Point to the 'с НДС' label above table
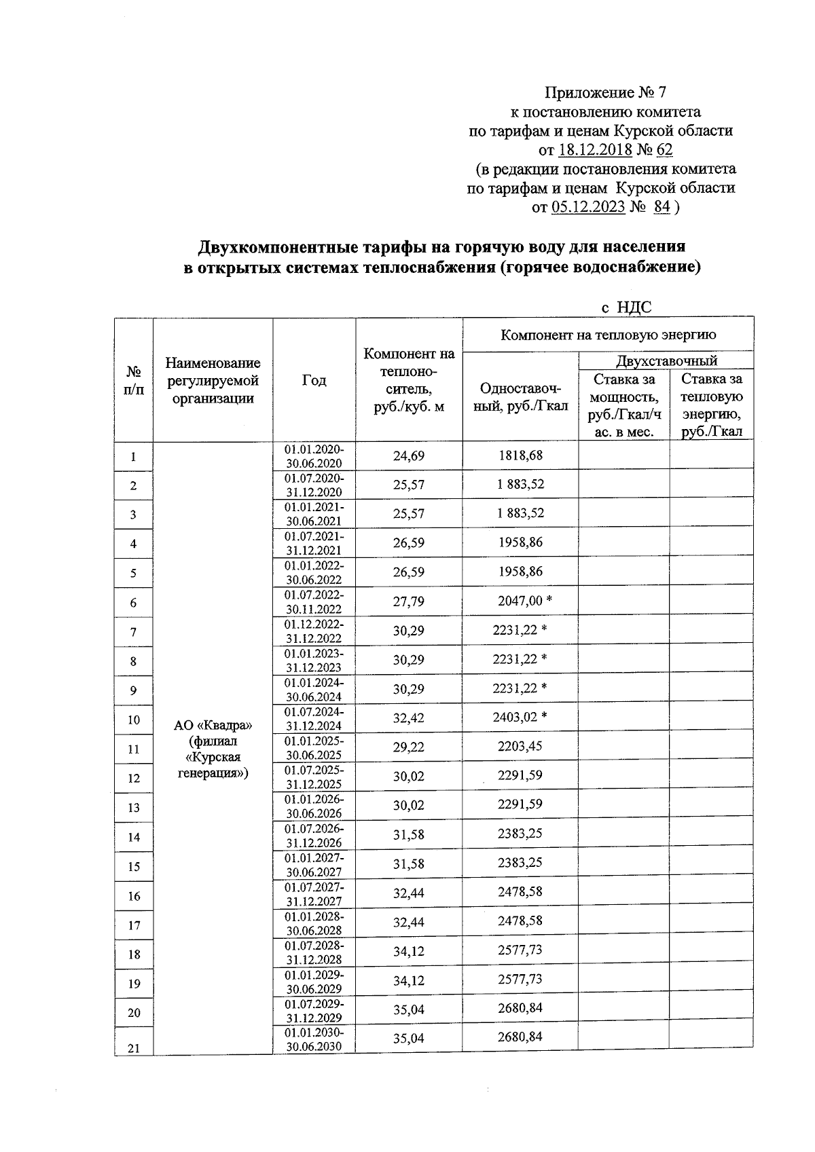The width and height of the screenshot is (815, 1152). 626,308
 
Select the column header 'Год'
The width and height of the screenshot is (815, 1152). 314,381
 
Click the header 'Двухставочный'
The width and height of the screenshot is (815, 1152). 666,360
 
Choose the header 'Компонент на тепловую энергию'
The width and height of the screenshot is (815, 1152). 608,335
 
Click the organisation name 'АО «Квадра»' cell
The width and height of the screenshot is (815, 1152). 213,724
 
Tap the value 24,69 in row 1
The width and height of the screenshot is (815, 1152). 408,456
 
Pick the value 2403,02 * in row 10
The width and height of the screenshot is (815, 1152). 520,718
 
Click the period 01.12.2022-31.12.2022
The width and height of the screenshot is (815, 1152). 314,631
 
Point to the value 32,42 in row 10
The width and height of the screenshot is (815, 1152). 408,718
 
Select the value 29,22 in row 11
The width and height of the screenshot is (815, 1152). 408,747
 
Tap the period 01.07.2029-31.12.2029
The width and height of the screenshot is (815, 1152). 314,1011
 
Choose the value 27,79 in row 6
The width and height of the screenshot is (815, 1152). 408,601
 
